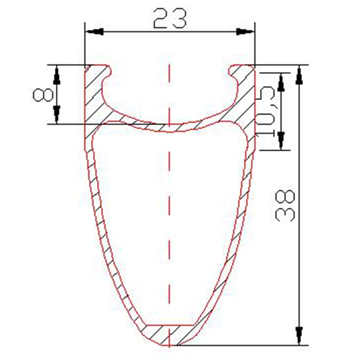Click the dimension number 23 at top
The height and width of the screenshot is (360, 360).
point(170,19)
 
